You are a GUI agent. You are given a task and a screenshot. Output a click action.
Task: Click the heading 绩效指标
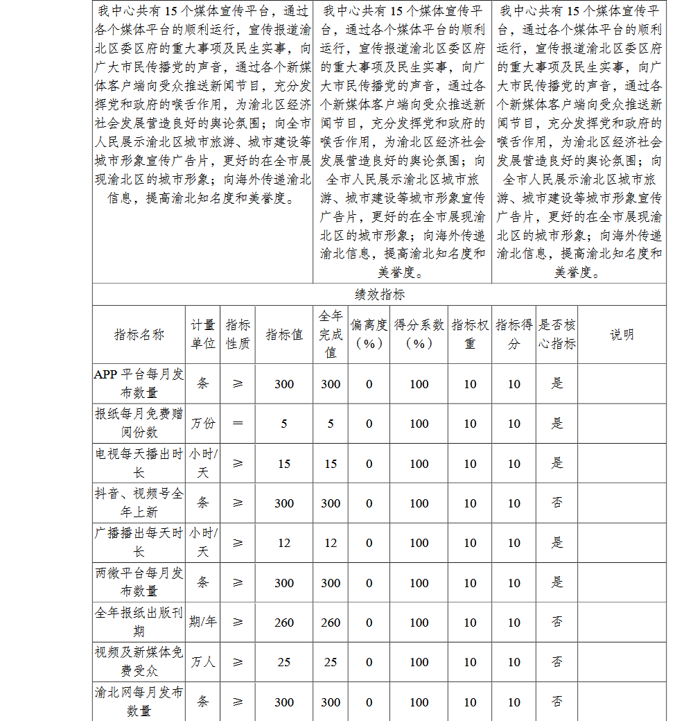point(379,295)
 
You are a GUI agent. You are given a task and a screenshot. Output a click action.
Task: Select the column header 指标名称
point(139,335)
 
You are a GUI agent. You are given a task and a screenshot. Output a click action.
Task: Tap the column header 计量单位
point(203,334)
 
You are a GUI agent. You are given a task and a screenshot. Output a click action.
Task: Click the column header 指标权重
point(470,334)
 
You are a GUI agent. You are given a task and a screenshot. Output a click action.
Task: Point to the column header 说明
point(622,335)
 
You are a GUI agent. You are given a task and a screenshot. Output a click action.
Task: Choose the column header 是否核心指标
point(557,334)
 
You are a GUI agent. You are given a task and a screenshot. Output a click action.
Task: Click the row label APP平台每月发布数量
point(139,383)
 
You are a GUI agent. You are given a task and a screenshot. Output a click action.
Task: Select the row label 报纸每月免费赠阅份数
point(139,423)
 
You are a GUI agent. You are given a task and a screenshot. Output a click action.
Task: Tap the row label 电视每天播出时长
point(139,463)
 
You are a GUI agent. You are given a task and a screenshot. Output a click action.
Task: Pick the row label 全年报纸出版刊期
point(139,622)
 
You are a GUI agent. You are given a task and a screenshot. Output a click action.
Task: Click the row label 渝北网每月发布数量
point(139,702)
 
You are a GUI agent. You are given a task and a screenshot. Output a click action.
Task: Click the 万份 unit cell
point(203,424)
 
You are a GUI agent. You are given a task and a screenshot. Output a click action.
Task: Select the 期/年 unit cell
point(203,623)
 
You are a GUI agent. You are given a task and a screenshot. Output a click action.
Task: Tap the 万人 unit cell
point(203,662)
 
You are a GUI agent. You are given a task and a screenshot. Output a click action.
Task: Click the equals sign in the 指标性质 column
point(238,424)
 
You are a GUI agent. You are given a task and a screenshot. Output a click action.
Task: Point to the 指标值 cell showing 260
point(284,623)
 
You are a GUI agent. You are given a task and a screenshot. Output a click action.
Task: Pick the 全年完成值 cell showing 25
point(331,662)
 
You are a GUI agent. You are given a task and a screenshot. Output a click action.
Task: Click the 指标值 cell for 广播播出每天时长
point(284,543)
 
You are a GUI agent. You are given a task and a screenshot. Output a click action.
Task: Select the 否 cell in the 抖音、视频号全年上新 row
point(557,503)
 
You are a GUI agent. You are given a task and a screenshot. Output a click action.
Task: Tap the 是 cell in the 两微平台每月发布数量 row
point(557,582)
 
